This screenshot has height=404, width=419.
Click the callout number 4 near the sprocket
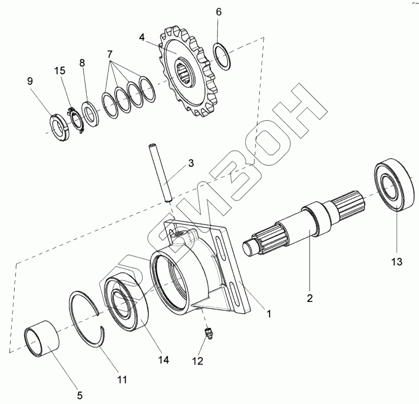tap(142, 38)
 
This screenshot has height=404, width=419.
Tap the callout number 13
tap(397, 261)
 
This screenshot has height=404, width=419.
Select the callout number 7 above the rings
tap(110, 54)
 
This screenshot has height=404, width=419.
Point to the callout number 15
tap(59, 71)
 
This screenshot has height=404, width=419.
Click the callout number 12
tap(198, 361)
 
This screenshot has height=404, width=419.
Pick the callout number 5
tap(80, 395)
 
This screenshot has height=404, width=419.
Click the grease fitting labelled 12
tap(208, 333)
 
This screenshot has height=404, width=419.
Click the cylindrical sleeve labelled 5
tap(41, 339)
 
